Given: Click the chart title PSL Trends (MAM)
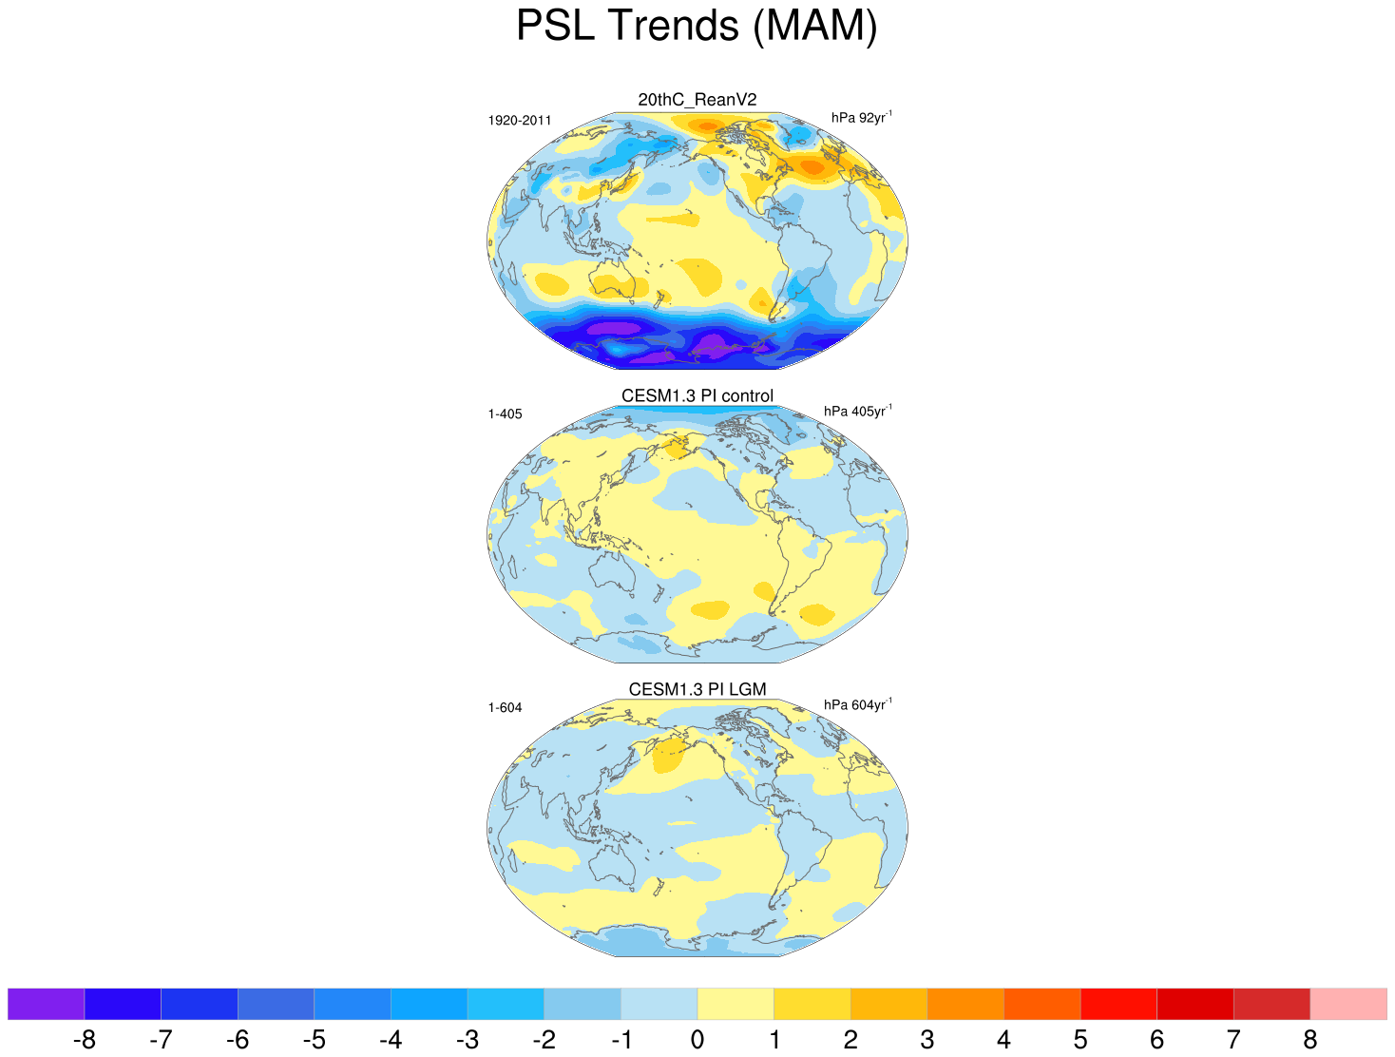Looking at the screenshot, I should [x=697, y=26].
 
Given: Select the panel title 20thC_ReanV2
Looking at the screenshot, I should [x=697, y=100].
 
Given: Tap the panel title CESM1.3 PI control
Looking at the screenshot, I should [x=697, y=395].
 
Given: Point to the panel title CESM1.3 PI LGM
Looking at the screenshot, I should [x=697, y=689].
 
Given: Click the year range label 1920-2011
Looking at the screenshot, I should [x=520, y=121].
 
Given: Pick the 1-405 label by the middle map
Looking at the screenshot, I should [x=505, y=414].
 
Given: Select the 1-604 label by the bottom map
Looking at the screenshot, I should [x=505, y=708].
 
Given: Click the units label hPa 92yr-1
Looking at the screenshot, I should [x=861, y=118].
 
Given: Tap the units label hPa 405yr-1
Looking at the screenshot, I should [x=857, y=412].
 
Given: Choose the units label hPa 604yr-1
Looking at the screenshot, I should [x=857, y=705].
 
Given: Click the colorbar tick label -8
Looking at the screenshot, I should [x=84, y=1040].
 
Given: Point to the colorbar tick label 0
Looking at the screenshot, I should [x=697, y=1040].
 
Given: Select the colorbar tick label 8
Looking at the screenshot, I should [x=1310, y=1040].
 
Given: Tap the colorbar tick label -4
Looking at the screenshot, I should [x=391, y=1040].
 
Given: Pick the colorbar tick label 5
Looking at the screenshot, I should [x=1080, y=1040].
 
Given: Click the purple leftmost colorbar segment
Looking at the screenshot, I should [x=46, y=1004].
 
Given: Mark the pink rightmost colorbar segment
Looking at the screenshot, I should [x=1348, y=1004].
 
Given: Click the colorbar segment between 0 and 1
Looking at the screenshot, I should [x=736, y=1004].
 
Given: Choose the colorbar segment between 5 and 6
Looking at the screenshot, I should [x=1118, y=1004].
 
